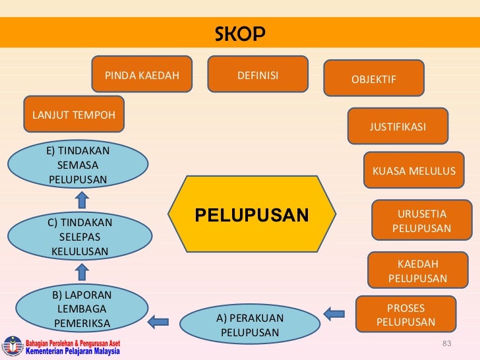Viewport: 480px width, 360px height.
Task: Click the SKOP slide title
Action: coord(240,34)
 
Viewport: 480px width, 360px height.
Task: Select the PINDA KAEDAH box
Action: coord(142,75)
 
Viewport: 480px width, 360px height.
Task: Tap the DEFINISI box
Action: coord(258,75)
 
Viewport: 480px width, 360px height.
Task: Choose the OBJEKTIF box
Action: coord(374,78)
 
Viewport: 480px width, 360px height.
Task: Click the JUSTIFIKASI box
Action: coord(398,126)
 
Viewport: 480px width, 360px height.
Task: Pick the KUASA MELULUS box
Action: coord(414,171)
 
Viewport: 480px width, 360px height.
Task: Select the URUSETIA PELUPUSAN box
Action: coord(422,221)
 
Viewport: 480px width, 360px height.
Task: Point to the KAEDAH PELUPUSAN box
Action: coord(418,271)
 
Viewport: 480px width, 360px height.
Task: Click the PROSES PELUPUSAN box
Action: coord(406,315)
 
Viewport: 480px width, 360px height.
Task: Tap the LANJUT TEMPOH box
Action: coord(74,115)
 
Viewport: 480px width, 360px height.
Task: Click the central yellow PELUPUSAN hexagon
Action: coord(251,215)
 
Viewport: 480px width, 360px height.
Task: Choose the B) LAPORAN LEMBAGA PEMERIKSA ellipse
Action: coord(82,309)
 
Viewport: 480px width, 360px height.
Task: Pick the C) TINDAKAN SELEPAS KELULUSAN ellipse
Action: coord(80,236)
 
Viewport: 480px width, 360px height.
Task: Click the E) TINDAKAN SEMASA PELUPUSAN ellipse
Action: coord(78,165)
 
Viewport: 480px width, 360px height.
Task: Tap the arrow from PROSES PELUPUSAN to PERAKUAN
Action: coord(334,313)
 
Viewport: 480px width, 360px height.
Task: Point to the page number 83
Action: coord(446,344)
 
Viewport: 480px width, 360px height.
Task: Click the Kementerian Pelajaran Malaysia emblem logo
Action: coord(13,345)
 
